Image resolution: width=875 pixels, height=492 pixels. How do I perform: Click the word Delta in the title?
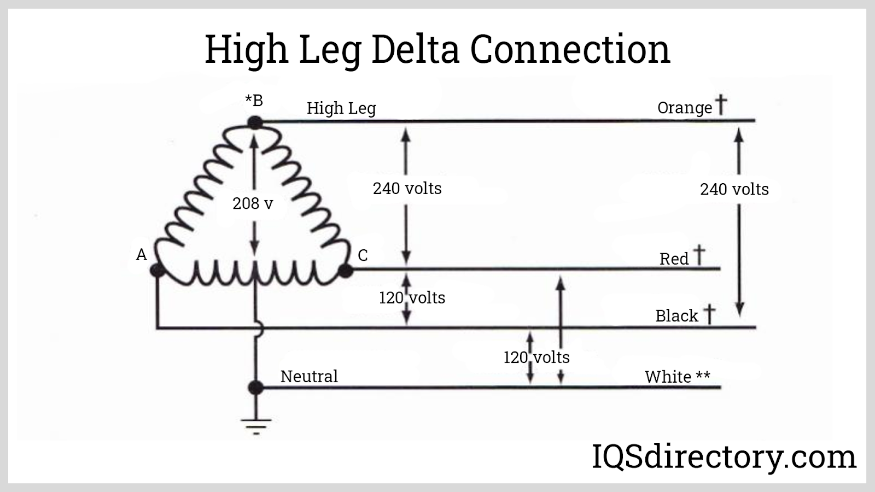tap(416, 49)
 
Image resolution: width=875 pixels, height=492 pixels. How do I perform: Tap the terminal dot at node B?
tap(255, 122)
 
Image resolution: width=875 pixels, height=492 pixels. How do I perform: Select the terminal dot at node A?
tap(157, 270)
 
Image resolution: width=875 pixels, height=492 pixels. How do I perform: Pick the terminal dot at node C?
tap(346, 270)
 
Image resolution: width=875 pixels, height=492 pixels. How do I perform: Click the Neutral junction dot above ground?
tap(255, 388)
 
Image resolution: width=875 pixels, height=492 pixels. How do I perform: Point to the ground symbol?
tap(255, 424)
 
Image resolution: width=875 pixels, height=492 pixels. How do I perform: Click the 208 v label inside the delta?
tap(253, 203)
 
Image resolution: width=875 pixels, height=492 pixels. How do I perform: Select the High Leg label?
tap(341, 108)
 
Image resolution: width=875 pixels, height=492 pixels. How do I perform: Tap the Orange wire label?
tap(685, 108)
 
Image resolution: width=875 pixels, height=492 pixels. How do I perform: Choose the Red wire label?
tap(674, 259)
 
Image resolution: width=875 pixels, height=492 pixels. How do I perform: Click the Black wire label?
tap(676, 316)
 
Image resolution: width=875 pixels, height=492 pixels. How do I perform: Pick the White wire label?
tap(668, 377)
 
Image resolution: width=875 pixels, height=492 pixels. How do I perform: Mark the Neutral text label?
tap(309, 376)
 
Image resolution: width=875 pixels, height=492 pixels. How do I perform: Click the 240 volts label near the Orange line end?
tap(734, 189)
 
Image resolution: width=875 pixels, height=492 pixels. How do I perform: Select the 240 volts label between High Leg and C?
tap(407, 188)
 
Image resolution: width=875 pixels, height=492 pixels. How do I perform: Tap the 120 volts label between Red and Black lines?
tap(412, 297)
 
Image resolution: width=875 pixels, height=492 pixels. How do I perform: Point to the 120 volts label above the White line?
tap(536, 357)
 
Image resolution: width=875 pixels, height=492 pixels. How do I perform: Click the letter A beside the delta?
tap(142, 255)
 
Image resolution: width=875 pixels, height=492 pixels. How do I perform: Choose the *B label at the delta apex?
tap(254, 101)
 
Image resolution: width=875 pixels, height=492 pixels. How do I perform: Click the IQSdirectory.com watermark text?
tap(724, 457)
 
